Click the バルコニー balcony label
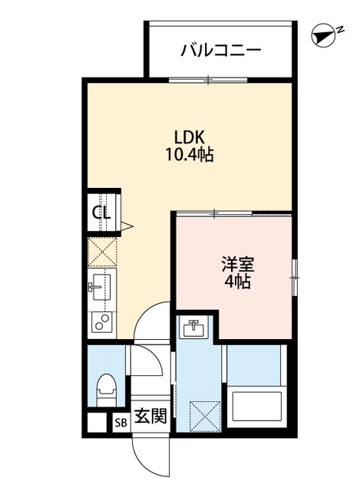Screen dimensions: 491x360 (x=221, y=51)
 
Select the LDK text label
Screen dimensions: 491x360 (x=187, y=137)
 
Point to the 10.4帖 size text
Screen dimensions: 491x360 (x=187, y=155)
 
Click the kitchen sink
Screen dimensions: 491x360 (x=101, y=286)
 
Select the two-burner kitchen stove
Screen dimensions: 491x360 (x=101, y=322)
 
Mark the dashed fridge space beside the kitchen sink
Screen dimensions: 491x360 (x=101, y=252)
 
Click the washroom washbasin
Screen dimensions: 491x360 (x=193, y=329)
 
